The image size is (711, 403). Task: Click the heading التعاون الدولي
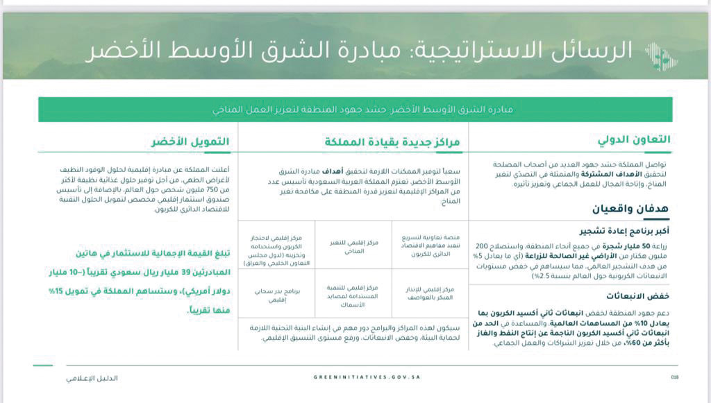[x=634, y=139]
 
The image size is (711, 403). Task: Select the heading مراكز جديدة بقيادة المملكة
[x=391, y=142]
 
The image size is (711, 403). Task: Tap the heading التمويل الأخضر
[x=190, y=142]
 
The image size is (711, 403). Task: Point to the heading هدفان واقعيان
[x=631, y=208]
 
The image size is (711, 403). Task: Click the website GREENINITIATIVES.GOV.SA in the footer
[x=367, y=377]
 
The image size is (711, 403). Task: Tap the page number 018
[x=674, y=378]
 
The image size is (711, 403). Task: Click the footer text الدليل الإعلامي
[x=92, y=378]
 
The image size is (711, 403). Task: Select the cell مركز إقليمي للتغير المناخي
[x=353, y=247]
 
